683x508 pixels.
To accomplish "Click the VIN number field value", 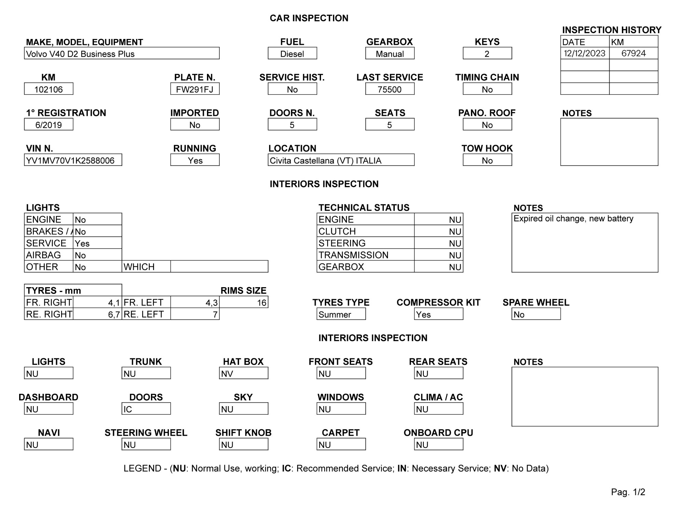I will (x=70, y=160).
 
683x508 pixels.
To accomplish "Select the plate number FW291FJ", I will (x=195, y=89).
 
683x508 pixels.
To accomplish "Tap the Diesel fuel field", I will (x=292, y=54).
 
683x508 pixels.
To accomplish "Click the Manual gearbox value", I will (x=390, y=54).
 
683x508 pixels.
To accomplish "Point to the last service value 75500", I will (x=390, y=89).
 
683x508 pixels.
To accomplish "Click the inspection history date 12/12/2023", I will (x=584, y=53).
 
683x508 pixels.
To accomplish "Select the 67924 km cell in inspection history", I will (x=633, y=53).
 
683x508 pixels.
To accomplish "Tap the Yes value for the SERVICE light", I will (x=82, y=243).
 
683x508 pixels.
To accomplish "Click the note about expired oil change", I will (x=573, y=219).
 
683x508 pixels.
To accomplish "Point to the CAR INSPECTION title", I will (x=309, y=18).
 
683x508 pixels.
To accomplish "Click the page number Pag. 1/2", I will (x=628, y=492).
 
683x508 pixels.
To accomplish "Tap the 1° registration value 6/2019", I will (x=48, y=125).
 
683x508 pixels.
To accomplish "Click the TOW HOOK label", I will (x=487, y=148).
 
